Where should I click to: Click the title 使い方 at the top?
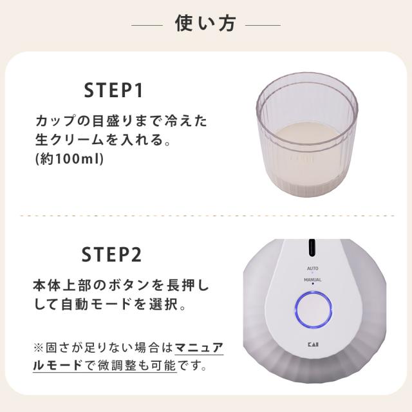click(x=205, y=24)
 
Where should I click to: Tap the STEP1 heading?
click(x=113, y=91)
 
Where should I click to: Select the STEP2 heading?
click(x=113, y=256)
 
